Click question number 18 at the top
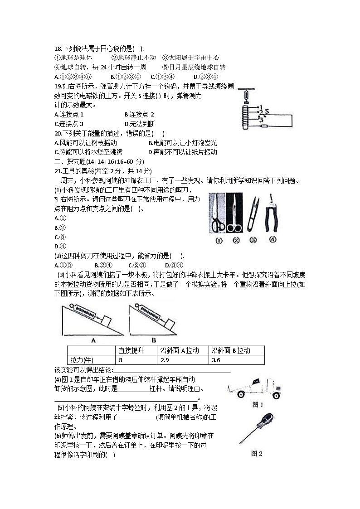coord(58,49)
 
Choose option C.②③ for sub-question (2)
coord(136,265)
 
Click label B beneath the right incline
coord(153,340)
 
